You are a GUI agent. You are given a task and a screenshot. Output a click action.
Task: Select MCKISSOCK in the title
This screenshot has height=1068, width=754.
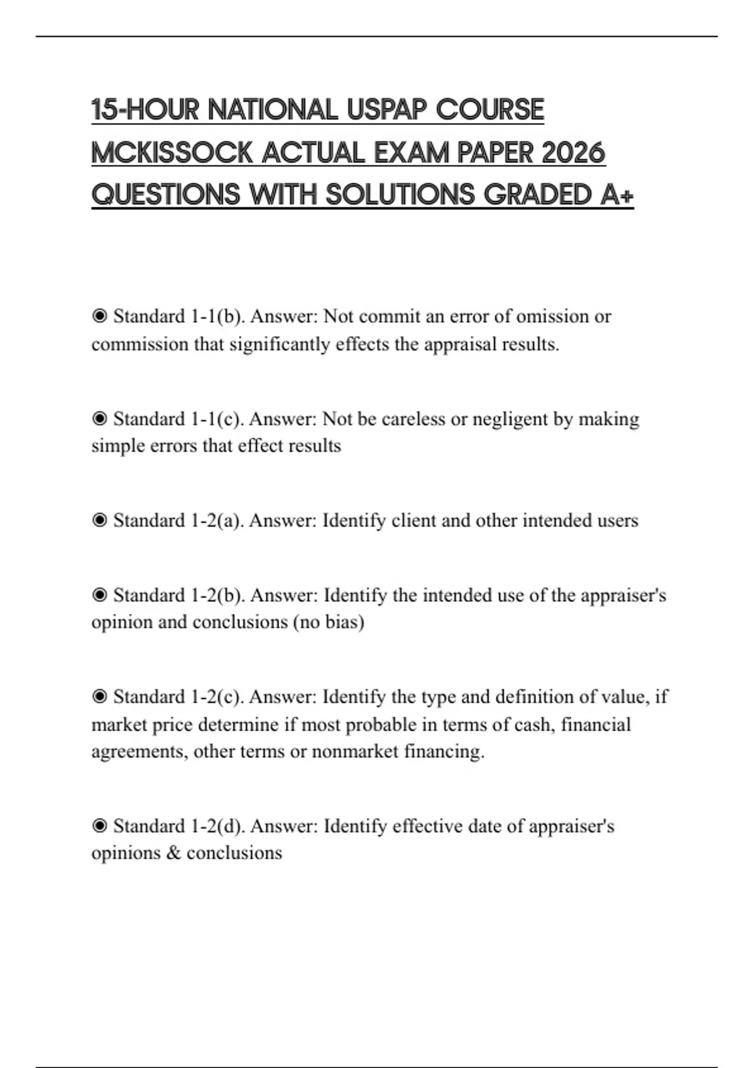click(x=172, y=153)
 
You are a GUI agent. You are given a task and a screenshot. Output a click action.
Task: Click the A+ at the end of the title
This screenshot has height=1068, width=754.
click(x=617, y=195)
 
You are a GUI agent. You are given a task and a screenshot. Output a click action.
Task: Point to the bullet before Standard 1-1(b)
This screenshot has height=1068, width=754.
click(x=99, y=316)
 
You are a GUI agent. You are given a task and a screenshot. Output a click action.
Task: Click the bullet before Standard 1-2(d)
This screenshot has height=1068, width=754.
click(x=99, y=826)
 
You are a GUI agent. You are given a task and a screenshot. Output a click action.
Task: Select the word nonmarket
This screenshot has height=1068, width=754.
click(x=354, y=751)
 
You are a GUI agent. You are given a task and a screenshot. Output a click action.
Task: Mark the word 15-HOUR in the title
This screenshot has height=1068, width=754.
click(x=145, y=109)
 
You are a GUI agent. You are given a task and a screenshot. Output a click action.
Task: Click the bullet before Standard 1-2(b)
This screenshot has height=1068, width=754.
click(x=99, y=595)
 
